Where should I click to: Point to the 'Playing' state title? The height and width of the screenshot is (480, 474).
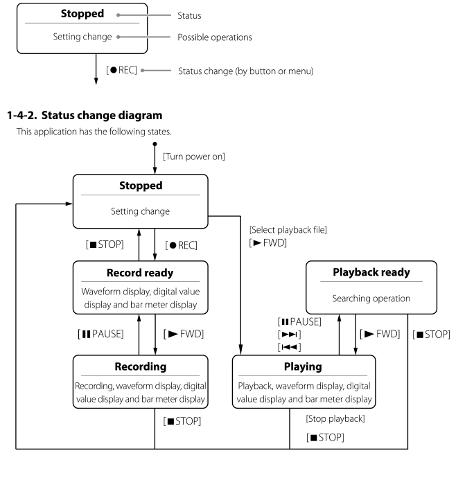coord(304,366)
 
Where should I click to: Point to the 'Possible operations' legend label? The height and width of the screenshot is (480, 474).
coord(218,36)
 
